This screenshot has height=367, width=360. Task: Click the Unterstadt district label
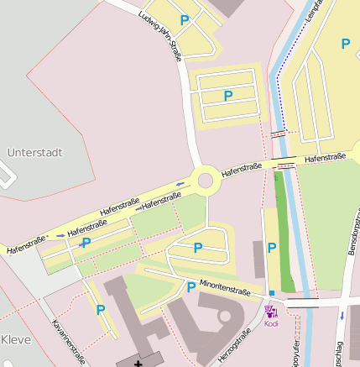35,153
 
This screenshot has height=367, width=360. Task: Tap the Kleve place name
16,339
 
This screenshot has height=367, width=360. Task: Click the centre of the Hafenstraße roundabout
205,179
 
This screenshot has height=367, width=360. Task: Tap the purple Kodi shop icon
271,311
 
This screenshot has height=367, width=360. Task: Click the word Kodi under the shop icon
271,323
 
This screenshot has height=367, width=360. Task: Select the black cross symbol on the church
138,364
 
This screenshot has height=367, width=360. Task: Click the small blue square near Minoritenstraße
271,292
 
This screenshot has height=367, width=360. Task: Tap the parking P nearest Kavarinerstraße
101,310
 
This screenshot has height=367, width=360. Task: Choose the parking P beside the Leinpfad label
345,44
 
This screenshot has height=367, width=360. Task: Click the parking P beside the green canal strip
271,248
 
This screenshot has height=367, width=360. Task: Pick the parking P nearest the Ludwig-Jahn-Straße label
185,20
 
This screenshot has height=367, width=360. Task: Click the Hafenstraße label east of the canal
326,157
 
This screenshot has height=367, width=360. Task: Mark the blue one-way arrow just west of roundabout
180,183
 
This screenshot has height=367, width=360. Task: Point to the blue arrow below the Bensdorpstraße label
342,316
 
